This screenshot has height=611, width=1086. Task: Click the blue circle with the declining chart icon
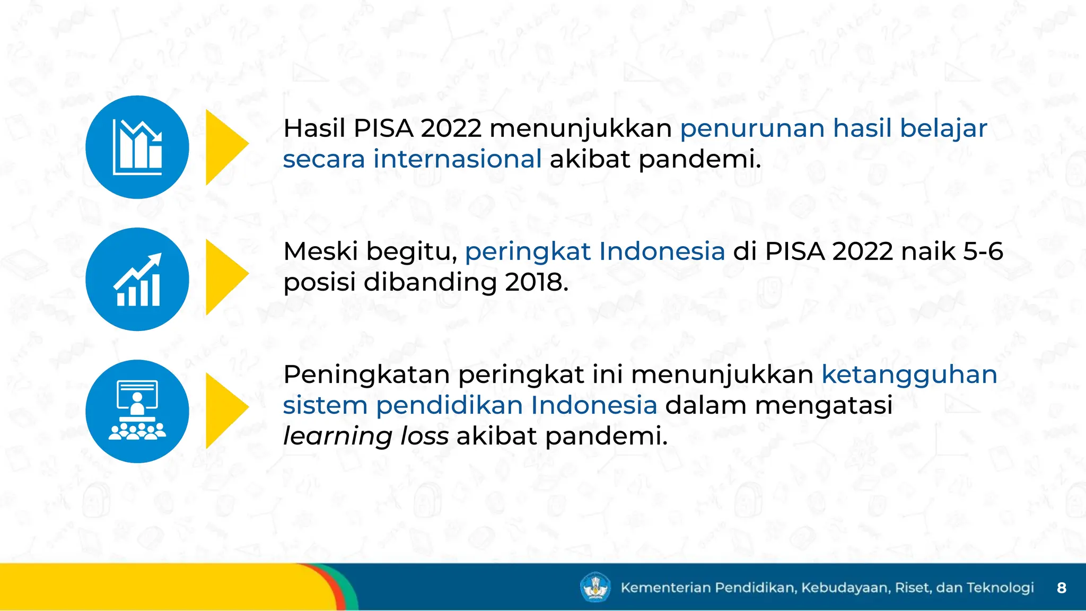coord(137,147)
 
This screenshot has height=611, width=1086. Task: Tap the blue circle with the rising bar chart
coord(137,279)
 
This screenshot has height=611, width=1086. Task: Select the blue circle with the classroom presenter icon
coord(137,411)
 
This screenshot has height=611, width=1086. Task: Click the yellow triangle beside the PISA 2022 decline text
coord(224,147)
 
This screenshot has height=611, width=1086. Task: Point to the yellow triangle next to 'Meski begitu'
coord(224,277)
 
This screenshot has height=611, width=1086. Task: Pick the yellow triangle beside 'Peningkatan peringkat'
coord(224,410)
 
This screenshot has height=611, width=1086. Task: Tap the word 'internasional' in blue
coord(457,159)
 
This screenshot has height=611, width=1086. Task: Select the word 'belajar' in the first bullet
coord(943,128)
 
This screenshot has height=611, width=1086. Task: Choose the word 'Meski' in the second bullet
coord(321,251)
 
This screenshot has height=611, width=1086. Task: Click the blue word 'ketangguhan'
coord(909,374)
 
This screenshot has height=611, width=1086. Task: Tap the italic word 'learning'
coord(338,437)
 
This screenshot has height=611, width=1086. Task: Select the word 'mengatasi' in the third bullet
coord(824,405)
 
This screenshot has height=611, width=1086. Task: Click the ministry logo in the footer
coord(595,587)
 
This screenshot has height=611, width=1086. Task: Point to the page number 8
coord(1061,588)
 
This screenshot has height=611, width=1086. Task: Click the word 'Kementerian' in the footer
coord(665,588)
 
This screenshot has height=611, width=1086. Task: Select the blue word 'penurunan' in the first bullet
coord(752,128)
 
